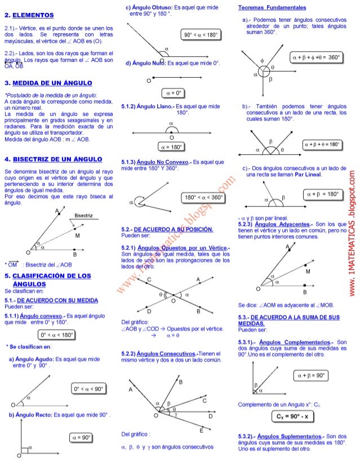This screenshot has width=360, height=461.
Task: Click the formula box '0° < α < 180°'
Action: (x=56, y=335)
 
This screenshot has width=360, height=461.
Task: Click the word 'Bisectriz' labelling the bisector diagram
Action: (x=83, y=215)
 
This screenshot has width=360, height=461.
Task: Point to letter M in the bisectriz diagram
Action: (x=77, y=236)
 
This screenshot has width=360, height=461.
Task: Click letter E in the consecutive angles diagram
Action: (x=201, y=430)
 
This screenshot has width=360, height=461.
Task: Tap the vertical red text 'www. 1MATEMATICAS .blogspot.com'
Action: (x=352, y=231)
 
